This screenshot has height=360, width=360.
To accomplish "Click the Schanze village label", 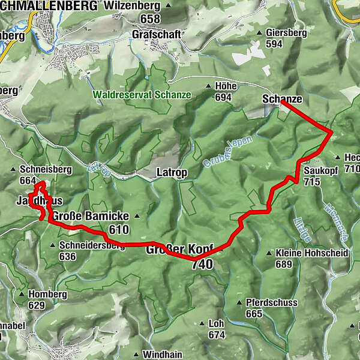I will (282, 99).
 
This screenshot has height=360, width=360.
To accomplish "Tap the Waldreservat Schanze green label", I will (142, 95).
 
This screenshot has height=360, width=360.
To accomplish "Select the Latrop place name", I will (172, 173).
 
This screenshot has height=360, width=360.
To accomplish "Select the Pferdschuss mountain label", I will (271, 303).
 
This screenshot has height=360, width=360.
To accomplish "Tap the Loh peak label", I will (216, 323).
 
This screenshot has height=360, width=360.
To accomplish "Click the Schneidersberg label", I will (91, 245).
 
